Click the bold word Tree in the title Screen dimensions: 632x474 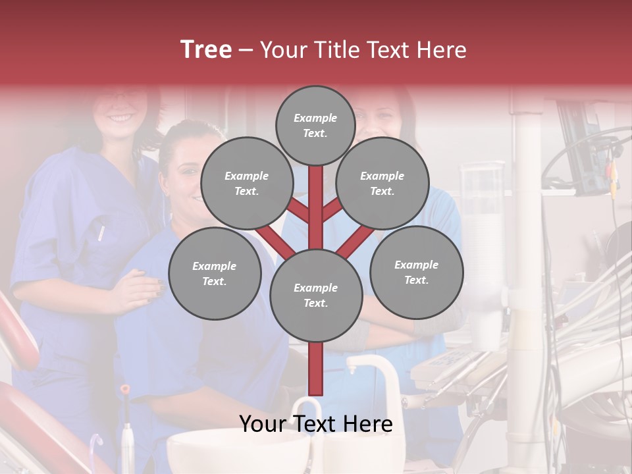[x=206, y=49]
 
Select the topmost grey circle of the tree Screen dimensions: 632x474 [x=315, y=125]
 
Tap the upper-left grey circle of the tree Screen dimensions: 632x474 [x=246, y=183]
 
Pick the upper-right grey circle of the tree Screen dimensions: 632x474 [x=382, y=183]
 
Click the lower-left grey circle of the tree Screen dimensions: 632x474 [x=215, y=273]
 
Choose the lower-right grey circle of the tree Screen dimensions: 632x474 [x=416, y=272]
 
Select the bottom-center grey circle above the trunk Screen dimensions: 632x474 [x=316, y=296]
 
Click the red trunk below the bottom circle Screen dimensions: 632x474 [x=316, y=369]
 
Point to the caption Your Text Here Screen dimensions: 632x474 [x=316, y=425]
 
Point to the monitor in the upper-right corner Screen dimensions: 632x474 [x=586, y=148]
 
